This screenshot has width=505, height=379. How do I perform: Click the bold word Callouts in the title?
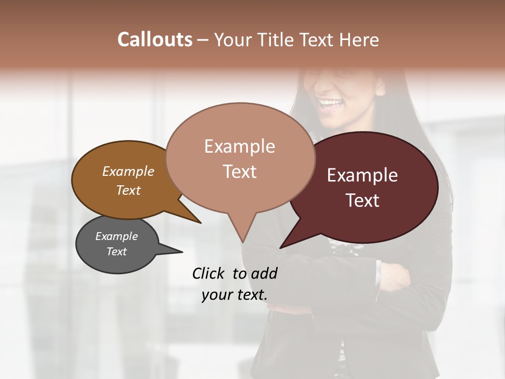(x=155, y=39)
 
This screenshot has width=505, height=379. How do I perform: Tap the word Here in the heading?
(x=358, y=39)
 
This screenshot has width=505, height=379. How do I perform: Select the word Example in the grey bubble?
(x=116, y=236)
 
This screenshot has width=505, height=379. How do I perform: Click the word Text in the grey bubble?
(x=116, y=252)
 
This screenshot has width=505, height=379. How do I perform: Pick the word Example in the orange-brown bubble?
(x=128, y=172)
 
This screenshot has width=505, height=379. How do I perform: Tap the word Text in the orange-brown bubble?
(x=128, y=190)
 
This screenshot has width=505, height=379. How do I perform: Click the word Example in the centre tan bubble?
(x=239, y=146)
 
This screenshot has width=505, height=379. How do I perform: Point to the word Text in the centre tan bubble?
(x=239, y=172)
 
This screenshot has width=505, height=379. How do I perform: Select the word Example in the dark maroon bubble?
(x=362, y=175)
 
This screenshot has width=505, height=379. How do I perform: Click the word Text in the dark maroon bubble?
(x=363, y=201)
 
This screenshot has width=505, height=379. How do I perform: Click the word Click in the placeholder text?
(x=209, y=273)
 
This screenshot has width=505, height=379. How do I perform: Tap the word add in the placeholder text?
(x=264, y=273)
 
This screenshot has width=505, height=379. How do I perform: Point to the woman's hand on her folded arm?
(x=395, y=276)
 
